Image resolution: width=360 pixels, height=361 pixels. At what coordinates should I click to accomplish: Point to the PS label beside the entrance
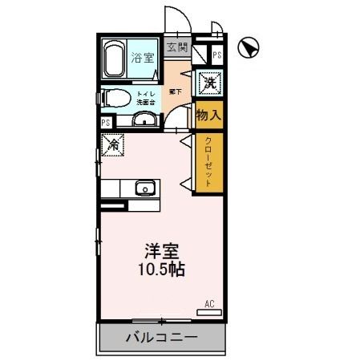pyautogui.click(x=217, y=55)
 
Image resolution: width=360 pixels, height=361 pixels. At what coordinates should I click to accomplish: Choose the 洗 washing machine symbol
pyautogui.click(x=208, y=83)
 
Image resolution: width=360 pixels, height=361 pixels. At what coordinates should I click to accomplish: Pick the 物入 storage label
pyautogui.click(x=208, y=116)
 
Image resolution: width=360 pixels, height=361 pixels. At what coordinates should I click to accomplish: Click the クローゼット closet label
pyautogui.click(x=208, y=163)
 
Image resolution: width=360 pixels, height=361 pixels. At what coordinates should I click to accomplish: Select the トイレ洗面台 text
pyautogui.click(x=145, y=99)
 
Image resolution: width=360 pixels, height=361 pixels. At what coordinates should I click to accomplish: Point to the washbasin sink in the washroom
pyautogui.click(x=144, y=120)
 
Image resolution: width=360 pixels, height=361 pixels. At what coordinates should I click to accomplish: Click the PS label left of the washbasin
pyautogui.click(x=106, y=123)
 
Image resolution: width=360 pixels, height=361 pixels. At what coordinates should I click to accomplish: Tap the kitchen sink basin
pyautogui.click(x=144, y=189)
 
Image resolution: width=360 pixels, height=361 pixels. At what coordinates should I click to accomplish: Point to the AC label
pyautogui.click(x=209, y=304)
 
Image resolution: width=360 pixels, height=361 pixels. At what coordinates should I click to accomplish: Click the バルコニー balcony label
pyautogui.click(x=160, y=338)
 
